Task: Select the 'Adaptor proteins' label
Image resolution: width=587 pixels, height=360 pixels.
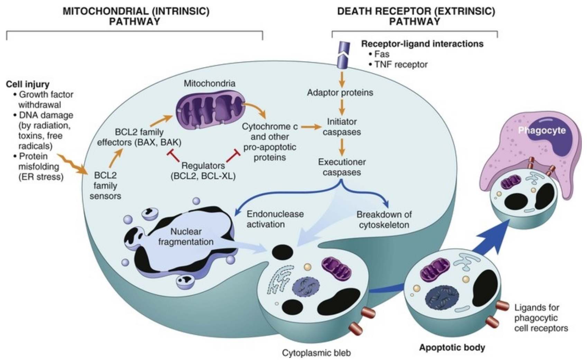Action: coord(340,93)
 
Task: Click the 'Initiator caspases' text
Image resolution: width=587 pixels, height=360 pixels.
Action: coord(342,127)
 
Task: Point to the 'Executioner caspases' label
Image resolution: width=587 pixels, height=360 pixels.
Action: coord(342,167)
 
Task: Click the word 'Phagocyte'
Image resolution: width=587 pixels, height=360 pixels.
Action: coord(542,130)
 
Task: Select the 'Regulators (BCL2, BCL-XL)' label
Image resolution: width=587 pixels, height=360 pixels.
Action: coord(203,171)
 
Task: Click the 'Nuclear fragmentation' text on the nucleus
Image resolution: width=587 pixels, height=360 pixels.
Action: coord(186,237)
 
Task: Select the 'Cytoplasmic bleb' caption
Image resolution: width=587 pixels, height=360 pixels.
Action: coord(316,353)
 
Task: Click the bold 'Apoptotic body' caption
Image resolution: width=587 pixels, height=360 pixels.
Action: coord(452,348)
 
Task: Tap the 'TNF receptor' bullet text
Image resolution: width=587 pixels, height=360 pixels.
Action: coord(401,65)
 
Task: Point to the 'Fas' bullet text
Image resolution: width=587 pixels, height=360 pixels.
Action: coord(382,54)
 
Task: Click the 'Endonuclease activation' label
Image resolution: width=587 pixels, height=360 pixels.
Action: coord(275,219)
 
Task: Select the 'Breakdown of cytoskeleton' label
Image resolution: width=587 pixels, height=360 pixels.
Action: coord(384,220)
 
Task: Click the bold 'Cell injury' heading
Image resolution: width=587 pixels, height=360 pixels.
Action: coord(28,84)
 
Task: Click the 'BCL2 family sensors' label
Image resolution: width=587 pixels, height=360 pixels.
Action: coord(105,186)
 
